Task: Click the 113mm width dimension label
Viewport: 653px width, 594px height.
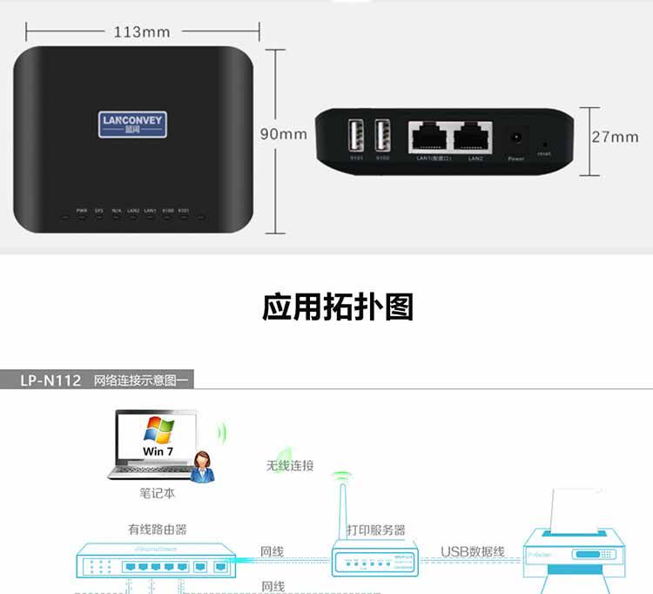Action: tap(142, 32)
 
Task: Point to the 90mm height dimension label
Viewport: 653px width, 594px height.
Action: tap(284, 134)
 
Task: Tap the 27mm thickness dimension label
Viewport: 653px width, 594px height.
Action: tap(615, 137)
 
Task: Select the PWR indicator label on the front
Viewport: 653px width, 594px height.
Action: tap(82, 210)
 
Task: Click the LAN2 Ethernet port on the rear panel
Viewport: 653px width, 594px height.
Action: tap(475, 136)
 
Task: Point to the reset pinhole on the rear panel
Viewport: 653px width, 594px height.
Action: tap(545, 141)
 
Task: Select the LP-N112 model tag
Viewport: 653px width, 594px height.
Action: tap(50, 380)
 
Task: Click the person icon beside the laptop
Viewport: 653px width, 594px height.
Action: tap(205, 467)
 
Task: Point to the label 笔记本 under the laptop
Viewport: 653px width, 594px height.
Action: tap(157, 493)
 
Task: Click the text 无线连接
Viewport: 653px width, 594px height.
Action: tap(290, 465)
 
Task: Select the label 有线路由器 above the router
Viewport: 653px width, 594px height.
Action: tap(157, 529)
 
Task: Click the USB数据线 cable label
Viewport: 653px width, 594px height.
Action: tap(472, 551)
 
